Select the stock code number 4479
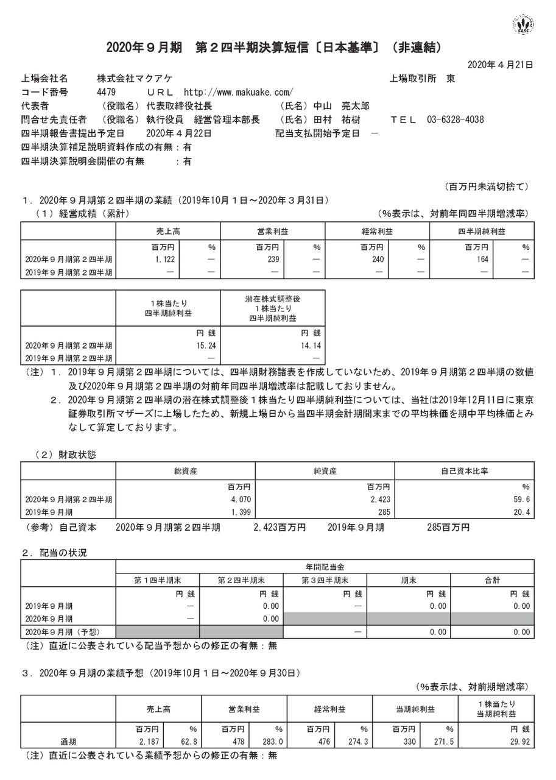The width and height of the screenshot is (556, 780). [x=106, y=92]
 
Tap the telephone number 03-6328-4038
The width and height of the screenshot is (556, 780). [x=451, y=119]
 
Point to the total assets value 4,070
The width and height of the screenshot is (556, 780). [x=242, y=499]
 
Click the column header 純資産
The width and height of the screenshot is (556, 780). [x=325, y=471]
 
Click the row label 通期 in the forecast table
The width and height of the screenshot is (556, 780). [x=68, y=742]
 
